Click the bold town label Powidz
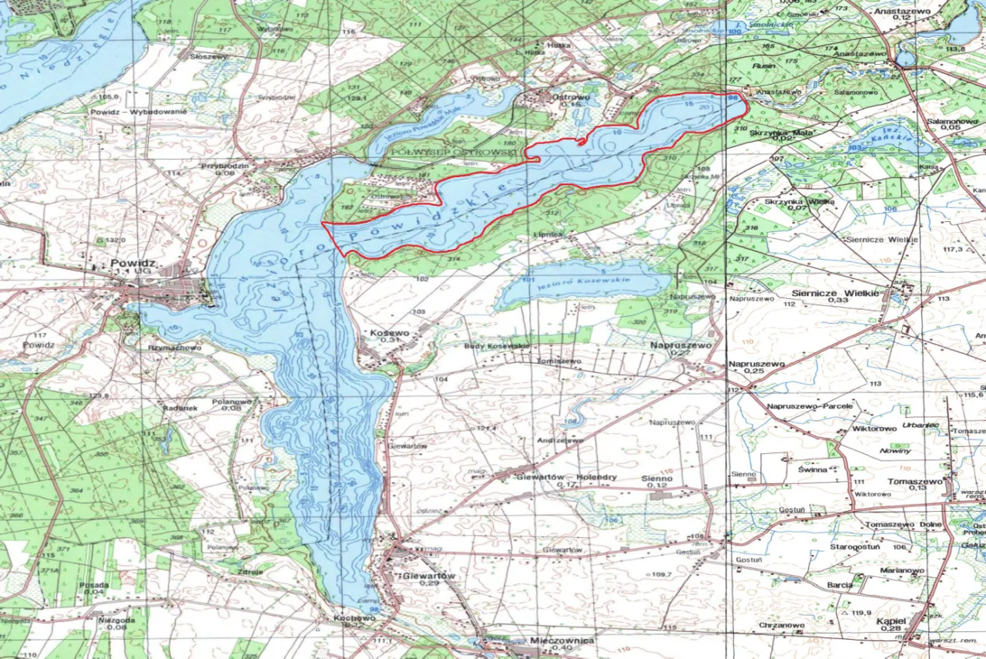click(x=132, y=263)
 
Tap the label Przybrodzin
click(x=223, y=165)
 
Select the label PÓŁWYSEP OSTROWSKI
click(x=454, y=153)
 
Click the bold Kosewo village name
click(x=388, y=332)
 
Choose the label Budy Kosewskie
click(x=497, y=346)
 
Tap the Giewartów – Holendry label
click(x=565, y=477)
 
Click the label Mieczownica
click(x=562, y=641)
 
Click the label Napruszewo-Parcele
click(x=810, y=405)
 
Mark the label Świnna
click(x=813, y=469)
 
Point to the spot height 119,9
click(x=861, y=612)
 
